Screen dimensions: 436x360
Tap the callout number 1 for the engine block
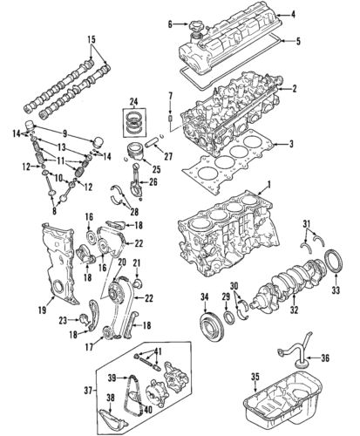269,185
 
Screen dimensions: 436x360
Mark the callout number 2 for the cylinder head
295,89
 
